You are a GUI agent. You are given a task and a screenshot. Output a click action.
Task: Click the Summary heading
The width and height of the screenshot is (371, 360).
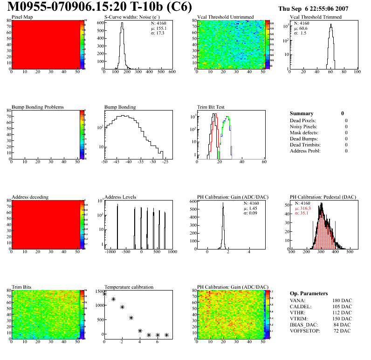point(302,113)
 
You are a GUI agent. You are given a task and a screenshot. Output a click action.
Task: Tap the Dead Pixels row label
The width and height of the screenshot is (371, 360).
point(303,120)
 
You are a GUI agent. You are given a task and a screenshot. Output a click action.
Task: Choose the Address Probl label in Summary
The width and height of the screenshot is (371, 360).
point(305,151)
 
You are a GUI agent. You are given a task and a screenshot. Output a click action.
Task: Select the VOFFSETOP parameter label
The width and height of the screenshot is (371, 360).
point(308,330)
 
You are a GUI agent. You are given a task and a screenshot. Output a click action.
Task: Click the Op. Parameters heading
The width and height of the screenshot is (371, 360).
point(309,293)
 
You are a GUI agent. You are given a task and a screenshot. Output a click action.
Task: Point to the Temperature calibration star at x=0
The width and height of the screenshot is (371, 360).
point(104,294)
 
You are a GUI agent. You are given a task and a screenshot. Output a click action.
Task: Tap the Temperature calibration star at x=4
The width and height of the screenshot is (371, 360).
point(140,331)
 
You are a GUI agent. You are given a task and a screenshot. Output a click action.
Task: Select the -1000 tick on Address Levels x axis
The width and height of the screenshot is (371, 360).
point(110,252)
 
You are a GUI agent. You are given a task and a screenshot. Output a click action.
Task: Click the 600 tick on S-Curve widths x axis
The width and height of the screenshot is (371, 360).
point(172,72)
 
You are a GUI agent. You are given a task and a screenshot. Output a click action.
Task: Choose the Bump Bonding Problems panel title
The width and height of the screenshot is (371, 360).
point(38,107)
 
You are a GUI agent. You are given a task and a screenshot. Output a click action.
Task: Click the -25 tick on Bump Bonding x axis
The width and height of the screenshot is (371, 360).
point(165,162)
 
